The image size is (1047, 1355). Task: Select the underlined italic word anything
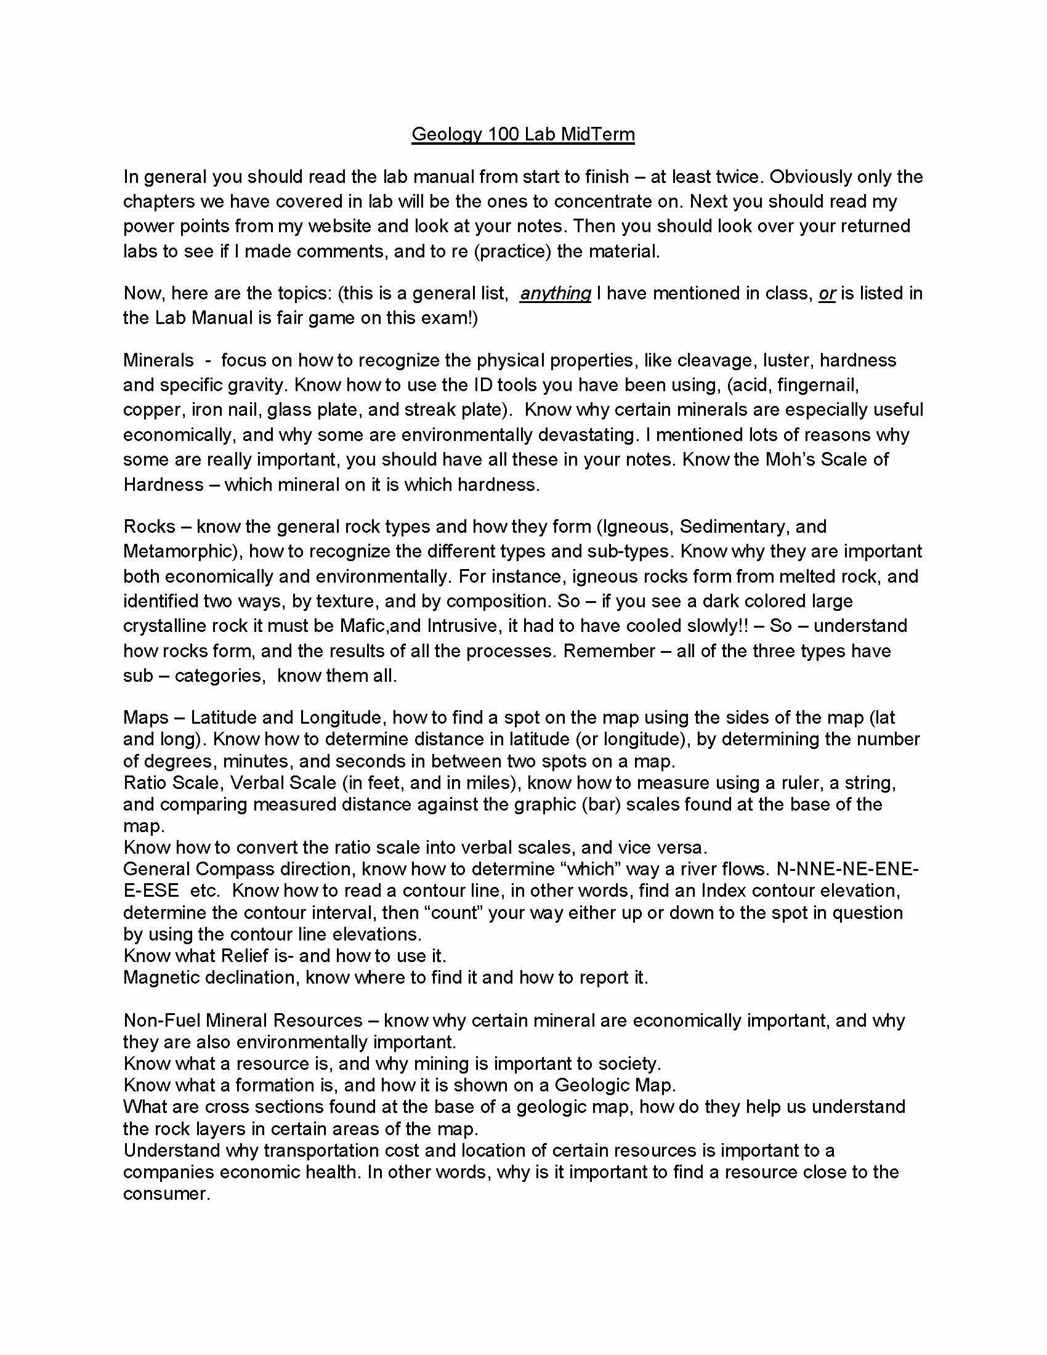[x=555, y=293]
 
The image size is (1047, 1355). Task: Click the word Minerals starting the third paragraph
[x=158, y=360]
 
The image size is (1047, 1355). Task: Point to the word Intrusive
[x=463, y=625]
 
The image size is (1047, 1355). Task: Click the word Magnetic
[x=161, y=977]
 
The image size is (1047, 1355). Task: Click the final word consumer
[x=166, y=1194]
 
